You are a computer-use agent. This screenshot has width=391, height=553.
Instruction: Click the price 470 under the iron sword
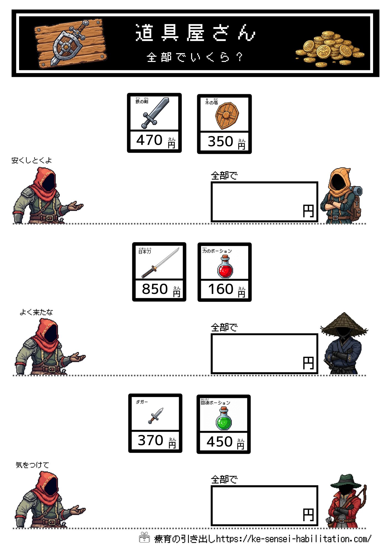[x=149, y=140]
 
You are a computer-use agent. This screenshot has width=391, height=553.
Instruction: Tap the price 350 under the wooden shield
[x=220, y=142]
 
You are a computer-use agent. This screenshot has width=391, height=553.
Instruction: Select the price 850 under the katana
[x=155, y=289]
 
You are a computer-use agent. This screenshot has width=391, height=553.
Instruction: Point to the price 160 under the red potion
[x=221, y=289]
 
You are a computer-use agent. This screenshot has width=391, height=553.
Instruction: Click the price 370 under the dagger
[x=150, y=440]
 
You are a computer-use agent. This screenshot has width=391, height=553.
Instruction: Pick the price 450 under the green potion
[x=220, y=442]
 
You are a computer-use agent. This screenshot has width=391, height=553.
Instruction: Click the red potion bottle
[x=225, y=267]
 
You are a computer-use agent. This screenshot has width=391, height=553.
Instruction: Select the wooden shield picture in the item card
[x=227, y=115]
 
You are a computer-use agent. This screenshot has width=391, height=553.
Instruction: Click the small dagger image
[x=156, y=415]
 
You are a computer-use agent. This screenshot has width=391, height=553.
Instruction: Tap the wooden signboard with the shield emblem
[x=70, y=43]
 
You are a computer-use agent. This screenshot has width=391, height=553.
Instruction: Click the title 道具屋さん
[x=195, y=33]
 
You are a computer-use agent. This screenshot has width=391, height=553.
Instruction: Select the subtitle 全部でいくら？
[x=195, y=57]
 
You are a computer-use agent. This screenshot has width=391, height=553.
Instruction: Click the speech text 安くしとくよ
[x=32, y=160]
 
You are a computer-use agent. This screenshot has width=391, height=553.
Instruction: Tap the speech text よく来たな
[x=36, y=312]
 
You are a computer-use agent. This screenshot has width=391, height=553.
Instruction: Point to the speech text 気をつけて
[x=32, y=465]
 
